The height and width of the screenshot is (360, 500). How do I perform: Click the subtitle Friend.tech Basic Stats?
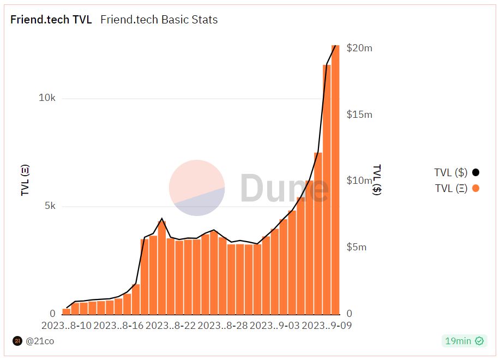159,20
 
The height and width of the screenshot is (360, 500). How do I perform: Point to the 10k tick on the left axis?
46,98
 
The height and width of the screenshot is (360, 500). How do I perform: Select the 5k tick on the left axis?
49,206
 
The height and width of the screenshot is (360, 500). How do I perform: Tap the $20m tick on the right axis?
359,48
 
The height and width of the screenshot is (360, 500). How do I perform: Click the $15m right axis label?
359,115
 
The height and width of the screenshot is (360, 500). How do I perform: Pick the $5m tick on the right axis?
357,247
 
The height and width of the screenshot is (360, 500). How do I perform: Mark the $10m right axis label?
359,181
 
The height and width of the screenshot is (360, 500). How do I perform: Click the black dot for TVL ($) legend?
475,173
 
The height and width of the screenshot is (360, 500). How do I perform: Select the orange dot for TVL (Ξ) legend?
475,189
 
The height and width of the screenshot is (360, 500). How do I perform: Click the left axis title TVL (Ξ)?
25,180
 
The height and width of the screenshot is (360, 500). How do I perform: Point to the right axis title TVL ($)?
377,180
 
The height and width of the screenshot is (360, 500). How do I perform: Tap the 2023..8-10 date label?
67,326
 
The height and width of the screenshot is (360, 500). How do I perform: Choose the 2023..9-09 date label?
327,326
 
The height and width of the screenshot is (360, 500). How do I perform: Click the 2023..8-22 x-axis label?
170,326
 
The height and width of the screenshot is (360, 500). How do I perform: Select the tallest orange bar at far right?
335,180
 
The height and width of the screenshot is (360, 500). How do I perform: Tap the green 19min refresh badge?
463,341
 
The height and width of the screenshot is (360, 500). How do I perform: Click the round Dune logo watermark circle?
197,188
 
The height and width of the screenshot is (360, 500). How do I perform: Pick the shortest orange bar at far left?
67,312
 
